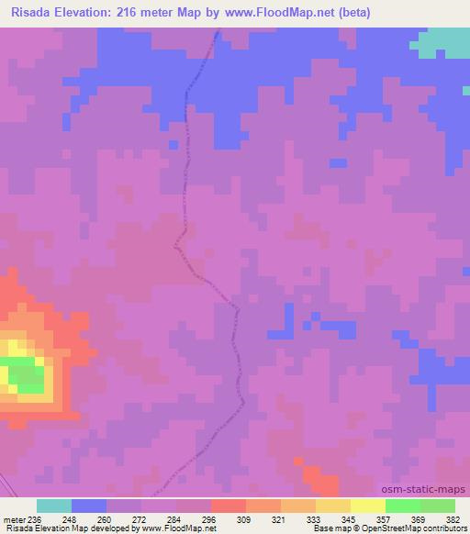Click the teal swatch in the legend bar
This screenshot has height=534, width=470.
coord(54,506)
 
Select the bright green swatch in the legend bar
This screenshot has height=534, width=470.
coord(402,506)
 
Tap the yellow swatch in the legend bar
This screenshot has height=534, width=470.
coord(367,506)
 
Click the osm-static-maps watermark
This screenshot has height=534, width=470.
coord(430,488)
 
